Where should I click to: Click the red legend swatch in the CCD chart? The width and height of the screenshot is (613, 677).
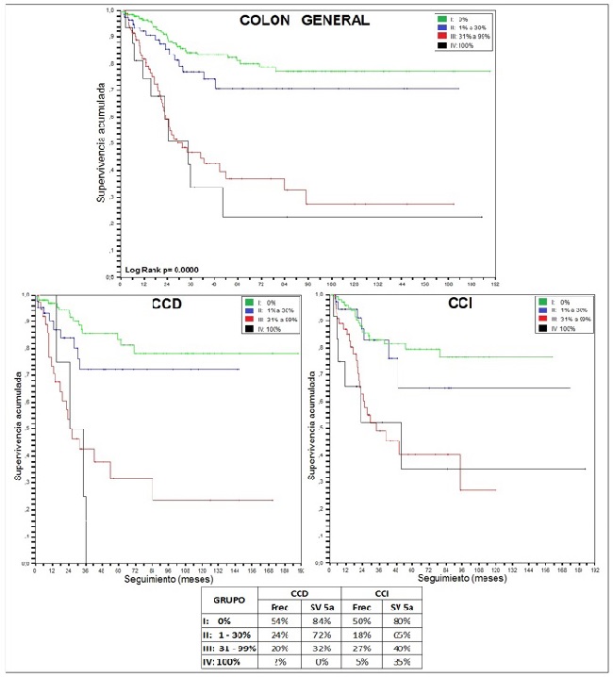249,319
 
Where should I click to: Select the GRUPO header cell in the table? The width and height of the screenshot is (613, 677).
228,597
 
